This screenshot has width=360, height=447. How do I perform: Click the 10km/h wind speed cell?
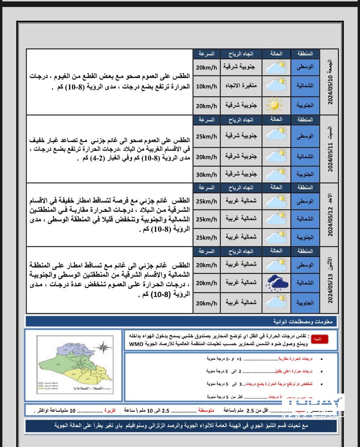207,86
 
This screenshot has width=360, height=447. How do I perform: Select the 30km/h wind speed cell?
207,175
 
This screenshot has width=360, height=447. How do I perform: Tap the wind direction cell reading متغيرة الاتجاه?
241,85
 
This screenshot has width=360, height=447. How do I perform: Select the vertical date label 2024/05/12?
330,215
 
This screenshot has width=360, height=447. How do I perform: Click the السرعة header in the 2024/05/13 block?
207,251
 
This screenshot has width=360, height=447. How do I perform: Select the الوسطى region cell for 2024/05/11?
305,136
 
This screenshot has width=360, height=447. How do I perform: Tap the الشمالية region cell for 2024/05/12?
305,219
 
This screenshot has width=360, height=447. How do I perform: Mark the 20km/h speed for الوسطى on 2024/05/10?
207,67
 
